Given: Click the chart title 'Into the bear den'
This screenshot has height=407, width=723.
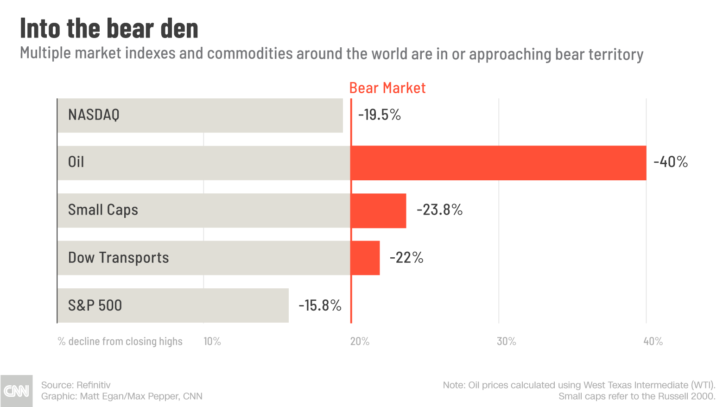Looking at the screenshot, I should (109, 29).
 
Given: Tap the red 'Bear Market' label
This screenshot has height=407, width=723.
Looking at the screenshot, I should (387, 88).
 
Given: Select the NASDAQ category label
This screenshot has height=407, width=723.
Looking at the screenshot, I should (94, 114).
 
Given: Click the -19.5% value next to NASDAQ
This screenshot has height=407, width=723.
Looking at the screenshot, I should (379, 114).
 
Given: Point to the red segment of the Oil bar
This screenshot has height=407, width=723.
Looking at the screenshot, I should (498, 163).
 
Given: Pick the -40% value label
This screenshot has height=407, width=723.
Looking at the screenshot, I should (670, 162).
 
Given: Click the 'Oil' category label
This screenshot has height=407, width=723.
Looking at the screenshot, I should (76, 162).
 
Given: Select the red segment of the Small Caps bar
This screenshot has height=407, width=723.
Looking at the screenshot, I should (379, 210).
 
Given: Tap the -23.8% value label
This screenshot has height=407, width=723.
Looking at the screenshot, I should (439, 210).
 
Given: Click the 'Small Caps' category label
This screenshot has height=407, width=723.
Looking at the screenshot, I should (103, 210).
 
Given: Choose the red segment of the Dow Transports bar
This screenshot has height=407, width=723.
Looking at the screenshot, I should (366, 258).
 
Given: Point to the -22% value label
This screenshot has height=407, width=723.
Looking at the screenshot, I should (406, 258).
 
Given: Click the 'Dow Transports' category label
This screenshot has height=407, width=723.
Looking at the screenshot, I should (118, 258).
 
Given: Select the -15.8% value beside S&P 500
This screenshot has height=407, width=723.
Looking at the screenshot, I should (320, 305).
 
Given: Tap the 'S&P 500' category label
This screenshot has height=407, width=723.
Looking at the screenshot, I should (95, 305).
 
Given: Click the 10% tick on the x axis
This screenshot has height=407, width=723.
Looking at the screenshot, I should (212, 342).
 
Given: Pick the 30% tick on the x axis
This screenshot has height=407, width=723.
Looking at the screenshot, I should (506, 342).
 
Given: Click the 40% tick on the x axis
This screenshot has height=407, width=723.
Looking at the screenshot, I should (653, 342).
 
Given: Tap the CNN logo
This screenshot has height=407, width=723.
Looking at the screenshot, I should (16, 391).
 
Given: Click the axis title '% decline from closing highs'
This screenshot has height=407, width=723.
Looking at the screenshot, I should (120, 342).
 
